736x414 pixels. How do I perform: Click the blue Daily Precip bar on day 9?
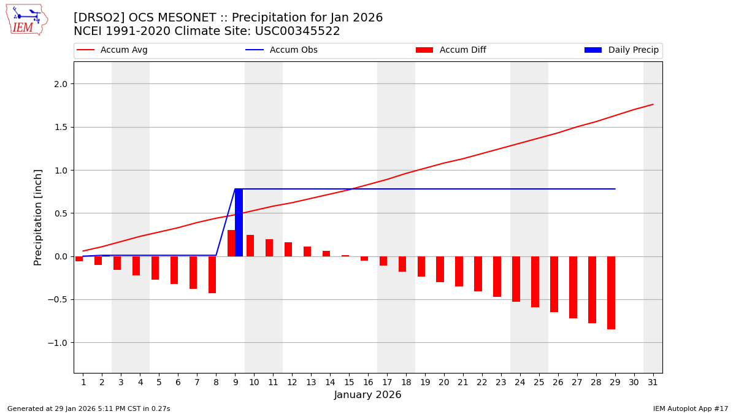coord(239,223)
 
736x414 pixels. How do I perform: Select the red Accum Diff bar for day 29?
coord(611,293)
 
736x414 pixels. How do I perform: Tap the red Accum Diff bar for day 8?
coord(212,275)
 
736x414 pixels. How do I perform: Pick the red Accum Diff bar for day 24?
coord(516,279)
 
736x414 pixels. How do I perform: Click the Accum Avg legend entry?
coord(112,50)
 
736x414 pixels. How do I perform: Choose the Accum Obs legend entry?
coord(282,50)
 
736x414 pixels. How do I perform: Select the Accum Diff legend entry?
coord(451,50)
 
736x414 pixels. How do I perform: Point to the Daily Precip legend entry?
coord(621,50)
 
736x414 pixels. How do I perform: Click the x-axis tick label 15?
coord(348,383)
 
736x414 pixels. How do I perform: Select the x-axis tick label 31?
coord(652,383)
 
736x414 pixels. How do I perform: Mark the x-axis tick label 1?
coord(83,383)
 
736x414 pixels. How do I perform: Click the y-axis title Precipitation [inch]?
coord(38,217)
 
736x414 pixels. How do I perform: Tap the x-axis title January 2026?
coord(367,396)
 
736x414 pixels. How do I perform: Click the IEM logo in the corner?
coord(26,20)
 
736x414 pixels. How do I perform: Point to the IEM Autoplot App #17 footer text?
coord(691,408)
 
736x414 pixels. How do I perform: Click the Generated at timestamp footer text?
coord(88,408)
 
